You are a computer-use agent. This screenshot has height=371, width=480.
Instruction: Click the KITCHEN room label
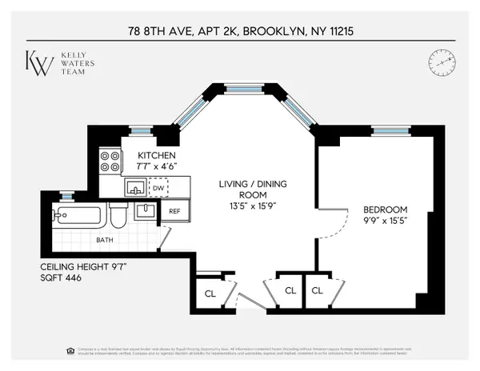157,155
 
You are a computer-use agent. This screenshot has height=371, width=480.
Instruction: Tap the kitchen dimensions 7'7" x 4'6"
157,166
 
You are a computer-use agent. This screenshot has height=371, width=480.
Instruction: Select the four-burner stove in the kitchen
110,162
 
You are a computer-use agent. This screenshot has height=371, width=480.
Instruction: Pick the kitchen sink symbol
134,188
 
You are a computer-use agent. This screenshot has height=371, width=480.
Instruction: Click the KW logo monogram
40,62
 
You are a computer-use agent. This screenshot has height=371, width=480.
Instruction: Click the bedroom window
390,130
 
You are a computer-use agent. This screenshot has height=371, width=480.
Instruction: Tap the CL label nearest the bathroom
210,293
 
